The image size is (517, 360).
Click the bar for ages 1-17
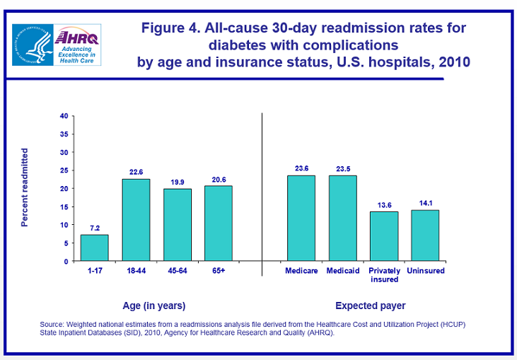coord(94,248)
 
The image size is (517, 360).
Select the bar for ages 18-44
coord(136,220)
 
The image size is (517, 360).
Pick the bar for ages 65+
coord(219,223)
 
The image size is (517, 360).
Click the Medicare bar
coord(301,218)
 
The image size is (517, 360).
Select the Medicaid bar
coord(342,218)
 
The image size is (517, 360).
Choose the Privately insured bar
coord(384,236)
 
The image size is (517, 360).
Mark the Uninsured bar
coord(425,236)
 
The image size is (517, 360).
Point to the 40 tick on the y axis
coord(64,116)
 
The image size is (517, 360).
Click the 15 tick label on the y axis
coord(64,207)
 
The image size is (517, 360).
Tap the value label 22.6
coord(136,170)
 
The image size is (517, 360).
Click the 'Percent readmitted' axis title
coord(25,187)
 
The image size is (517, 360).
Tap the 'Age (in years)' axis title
coord(155,306)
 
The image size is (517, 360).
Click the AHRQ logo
coord(57,44)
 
